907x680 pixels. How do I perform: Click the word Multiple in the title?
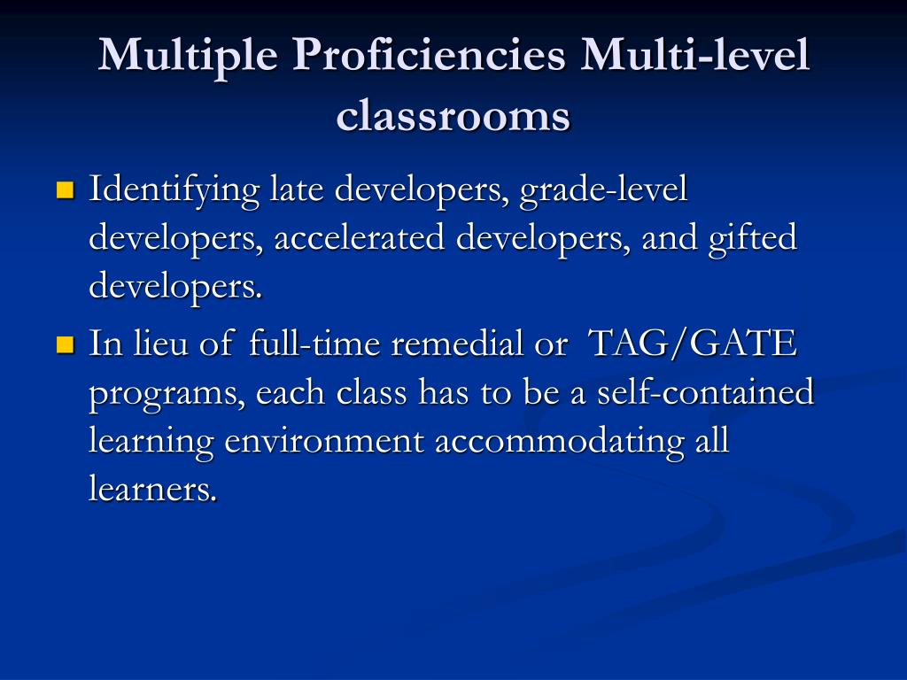[x=188, y=56]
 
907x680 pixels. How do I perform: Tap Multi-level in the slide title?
[x=695, y=56]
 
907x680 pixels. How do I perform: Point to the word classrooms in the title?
[x=453, y=116]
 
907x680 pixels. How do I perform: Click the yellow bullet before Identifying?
[x=64, y=189]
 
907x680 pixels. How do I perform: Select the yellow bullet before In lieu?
[x=64, y=344]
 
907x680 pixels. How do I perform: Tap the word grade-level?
[x=604, y=189]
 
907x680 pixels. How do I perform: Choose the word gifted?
[x=753, y=238]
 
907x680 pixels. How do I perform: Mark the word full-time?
[x=316, y=344]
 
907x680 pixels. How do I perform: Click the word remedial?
[x=457, y=344]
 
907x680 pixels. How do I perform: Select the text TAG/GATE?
[x=692, y=344]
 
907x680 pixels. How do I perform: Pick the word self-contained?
[x=703, y=391]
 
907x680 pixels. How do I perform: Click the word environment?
[x=324, y=440]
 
